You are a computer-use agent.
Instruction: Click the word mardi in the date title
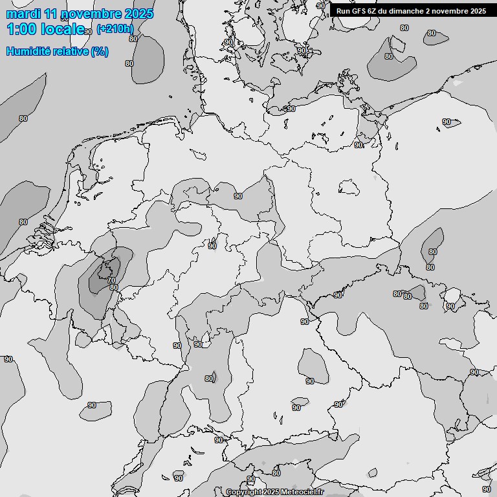[23, 14]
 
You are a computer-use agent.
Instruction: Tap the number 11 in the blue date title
[52, 14]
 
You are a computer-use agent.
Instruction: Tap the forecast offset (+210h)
[115, 28]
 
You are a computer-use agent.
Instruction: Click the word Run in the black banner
[343, 11]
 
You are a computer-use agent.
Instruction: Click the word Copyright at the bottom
[243, 492]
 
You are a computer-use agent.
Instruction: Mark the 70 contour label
[111, 280]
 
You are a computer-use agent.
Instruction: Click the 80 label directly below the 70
[114, 288]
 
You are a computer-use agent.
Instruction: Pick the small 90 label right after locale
[89, 32]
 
